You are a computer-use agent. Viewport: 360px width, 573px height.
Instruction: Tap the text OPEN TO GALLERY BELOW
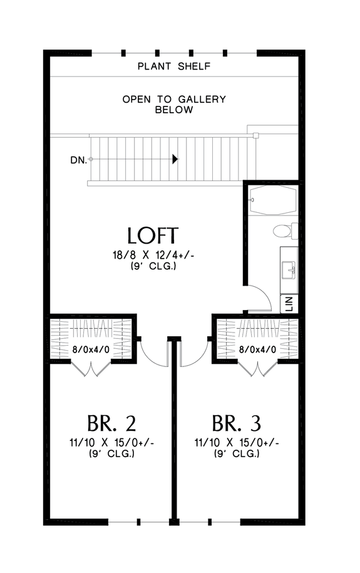[x=173, y=105]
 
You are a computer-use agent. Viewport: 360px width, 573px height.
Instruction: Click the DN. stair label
[x=78, y=160]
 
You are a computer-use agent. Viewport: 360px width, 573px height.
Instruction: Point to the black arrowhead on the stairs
[x=175, y=160]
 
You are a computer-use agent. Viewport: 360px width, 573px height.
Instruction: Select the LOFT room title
[x=153, y=235]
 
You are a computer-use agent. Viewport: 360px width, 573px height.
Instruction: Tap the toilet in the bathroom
[x=284, y=231]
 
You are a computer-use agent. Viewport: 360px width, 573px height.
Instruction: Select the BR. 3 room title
[x=236, y=423]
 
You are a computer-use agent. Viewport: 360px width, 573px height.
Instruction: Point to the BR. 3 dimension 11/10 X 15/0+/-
[x=236, y=443]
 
